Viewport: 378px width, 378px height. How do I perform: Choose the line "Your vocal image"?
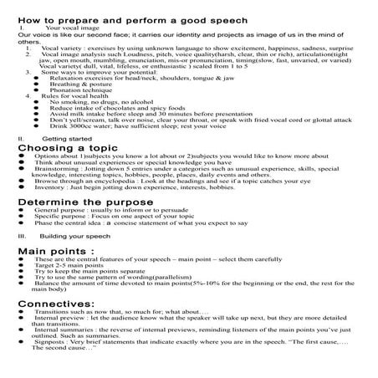(69, 28)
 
